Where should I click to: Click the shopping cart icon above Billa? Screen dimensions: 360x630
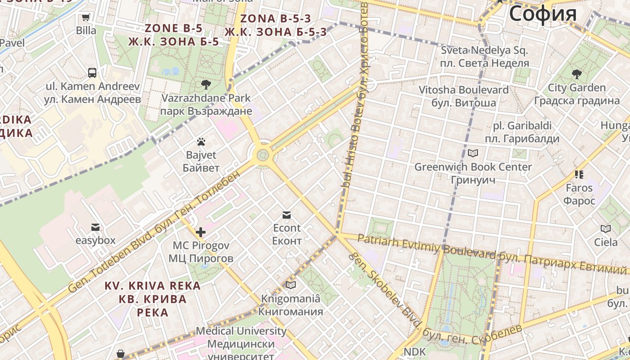85,18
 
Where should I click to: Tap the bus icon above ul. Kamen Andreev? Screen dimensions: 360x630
92,73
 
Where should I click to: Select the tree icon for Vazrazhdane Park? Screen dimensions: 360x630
206,84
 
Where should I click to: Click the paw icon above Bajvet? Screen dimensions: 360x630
201,142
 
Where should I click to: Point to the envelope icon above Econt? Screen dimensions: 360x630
287,215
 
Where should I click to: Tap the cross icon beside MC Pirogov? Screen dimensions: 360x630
201,232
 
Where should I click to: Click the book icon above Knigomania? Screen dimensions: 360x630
291,285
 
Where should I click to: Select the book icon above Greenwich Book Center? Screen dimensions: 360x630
472,153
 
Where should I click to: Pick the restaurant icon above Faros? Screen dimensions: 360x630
579,174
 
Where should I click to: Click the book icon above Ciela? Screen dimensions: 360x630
606,229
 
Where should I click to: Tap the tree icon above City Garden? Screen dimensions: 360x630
576,74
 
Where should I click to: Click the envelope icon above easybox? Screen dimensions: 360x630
95,227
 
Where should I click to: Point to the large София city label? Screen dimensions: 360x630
543,13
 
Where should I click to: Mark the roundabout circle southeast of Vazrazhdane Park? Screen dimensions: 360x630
263,155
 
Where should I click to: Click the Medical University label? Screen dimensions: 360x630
241,331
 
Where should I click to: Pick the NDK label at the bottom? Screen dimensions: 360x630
414,351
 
